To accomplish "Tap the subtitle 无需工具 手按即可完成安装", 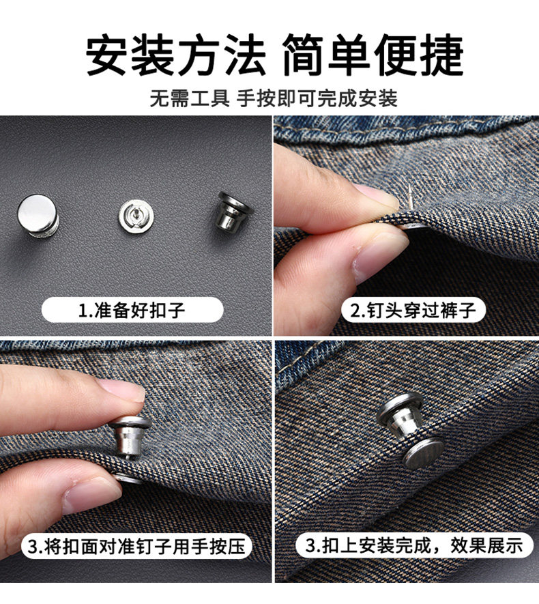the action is coord(274,98).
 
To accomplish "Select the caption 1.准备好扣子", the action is coord(132,310).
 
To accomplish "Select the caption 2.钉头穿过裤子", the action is coord(413,310).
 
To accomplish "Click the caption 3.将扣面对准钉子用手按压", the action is coord(136,547).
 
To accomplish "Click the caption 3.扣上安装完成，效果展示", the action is coord(414,545).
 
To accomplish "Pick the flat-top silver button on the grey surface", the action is coord(38,215).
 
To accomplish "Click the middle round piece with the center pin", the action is coord(136,216).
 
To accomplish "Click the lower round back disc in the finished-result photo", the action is coord(423,453).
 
